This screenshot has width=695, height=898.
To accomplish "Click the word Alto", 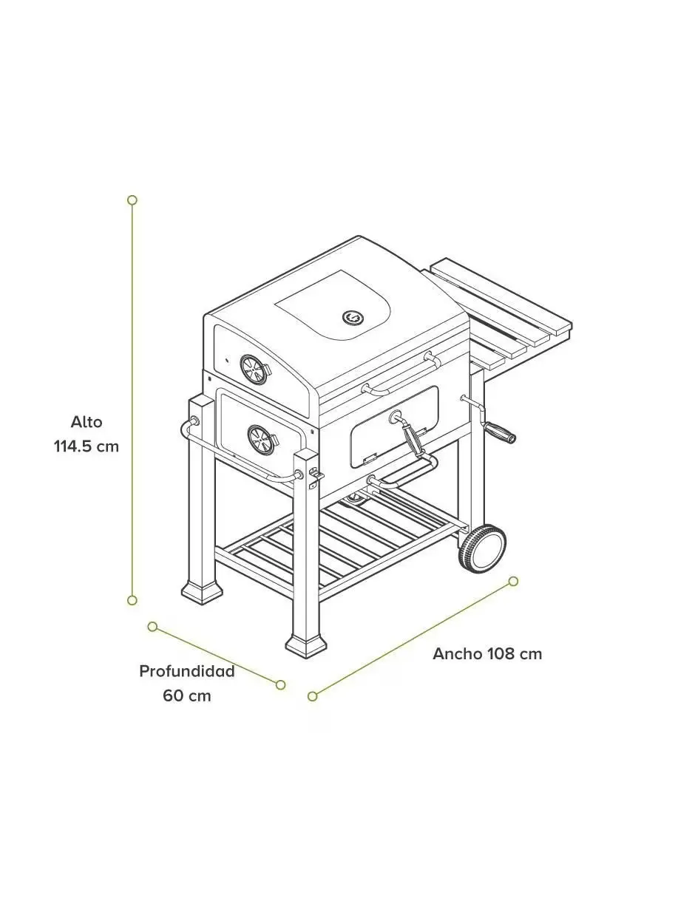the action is coord(87,422).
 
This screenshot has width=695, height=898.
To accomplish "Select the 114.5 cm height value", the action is coord(87,446).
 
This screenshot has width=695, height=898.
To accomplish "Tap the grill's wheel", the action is coord(482,548).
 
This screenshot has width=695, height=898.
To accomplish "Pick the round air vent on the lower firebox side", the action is coord(261,439).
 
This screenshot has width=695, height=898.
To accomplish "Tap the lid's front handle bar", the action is coord(399,374).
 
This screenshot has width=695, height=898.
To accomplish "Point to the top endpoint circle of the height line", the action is coord(132,200).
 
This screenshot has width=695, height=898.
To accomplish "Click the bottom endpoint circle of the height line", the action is coord(132,600).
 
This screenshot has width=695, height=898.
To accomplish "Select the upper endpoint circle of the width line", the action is coord(513,582).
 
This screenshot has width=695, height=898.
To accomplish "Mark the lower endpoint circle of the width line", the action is coord(313,696).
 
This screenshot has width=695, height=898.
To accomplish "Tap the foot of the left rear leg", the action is coord(202,593).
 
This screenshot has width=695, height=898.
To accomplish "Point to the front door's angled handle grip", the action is coord(412,440).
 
